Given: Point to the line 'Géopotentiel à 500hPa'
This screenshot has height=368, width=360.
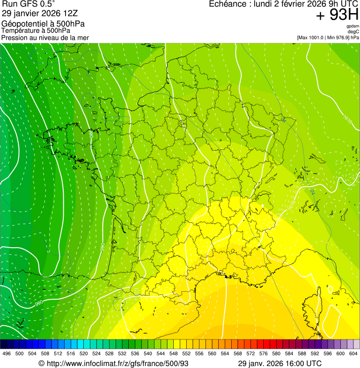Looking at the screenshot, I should point(43,24).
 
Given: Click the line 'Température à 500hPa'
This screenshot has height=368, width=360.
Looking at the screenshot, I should point(36,30).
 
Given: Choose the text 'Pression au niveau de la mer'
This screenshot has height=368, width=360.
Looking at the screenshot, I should point(45,37).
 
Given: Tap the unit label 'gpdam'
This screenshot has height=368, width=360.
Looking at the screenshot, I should point(353,26).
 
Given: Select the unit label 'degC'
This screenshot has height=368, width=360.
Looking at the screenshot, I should point(353,32).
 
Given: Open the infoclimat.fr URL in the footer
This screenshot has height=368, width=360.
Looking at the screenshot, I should point(117,363).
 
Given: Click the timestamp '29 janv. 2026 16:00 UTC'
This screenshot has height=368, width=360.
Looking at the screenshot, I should point(280,363).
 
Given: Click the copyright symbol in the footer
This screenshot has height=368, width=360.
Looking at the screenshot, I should point(41,363).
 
